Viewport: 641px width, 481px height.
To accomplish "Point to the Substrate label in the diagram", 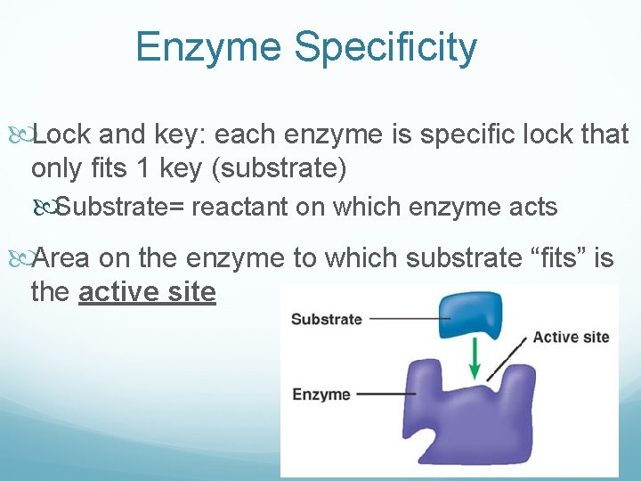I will tap(326, 319).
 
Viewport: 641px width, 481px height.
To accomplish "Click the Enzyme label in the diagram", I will tap(320, 394).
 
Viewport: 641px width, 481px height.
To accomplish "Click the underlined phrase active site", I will tap(147, 291).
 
